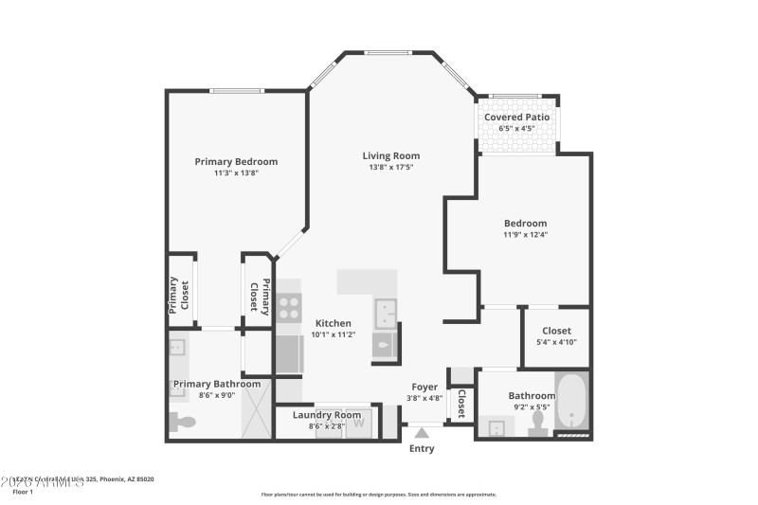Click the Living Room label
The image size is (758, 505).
tap(390, 155)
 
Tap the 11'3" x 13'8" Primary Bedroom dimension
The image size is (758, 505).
tap(236, 173)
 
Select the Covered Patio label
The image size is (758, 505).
tap(516, 117)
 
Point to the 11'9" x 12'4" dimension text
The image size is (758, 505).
tap(525, 235)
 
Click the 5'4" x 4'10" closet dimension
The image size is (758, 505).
tap(556, 342)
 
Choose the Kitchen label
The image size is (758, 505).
tap(334, 323)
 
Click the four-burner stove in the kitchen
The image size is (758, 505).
tap(289, 306)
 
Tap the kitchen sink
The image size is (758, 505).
tap(386, 311)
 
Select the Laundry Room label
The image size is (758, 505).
tap(327, 415)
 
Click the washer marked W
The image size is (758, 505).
tap(359, 425)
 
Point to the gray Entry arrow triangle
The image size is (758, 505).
tap(422, 432)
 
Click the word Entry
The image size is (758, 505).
tap(422, 448)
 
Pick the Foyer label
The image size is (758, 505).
tap(424, 387)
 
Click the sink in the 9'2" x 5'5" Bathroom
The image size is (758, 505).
tap(496, 428)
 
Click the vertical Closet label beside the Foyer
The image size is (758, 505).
tap(460, 405)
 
